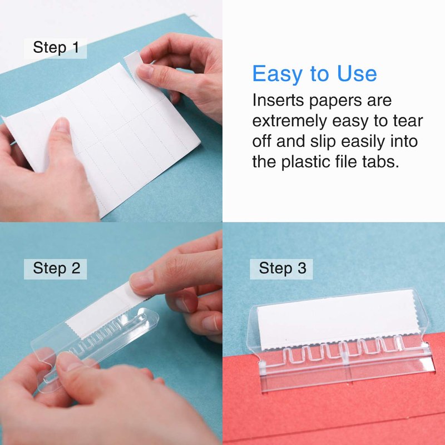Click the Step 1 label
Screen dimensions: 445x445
coord(56,48)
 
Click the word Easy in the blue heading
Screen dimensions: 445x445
coord(277,74)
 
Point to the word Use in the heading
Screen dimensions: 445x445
coord(357,73)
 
